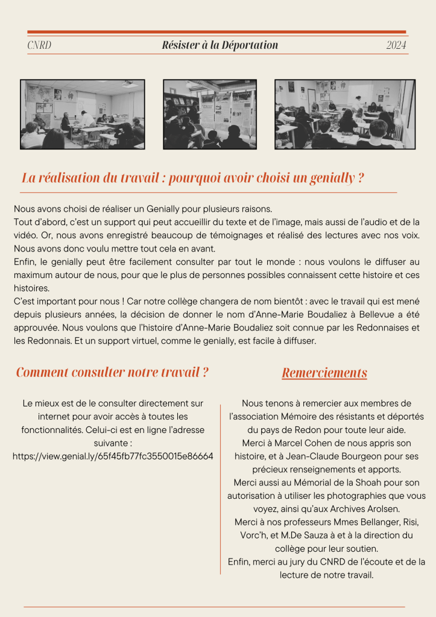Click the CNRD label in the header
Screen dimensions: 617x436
(39, 46)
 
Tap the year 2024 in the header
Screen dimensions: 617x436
(396, 46)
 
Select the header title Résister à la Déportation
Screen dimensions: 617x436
(220, 46)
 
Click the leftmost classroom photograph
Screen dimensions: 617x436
(83, 115)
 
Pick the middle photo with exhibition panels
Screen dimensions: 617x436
(210, 115)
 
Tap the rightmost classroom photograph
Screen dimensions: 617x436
(344, 115)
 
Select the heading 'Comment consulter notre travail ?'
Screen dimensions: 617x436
(112, 372)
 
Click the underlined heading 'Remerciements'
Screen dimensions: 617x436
(324, 373)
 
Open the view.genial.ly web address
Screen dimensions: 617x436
(113, 456)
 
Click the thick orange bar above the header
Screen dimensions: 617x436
(217, 32)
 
